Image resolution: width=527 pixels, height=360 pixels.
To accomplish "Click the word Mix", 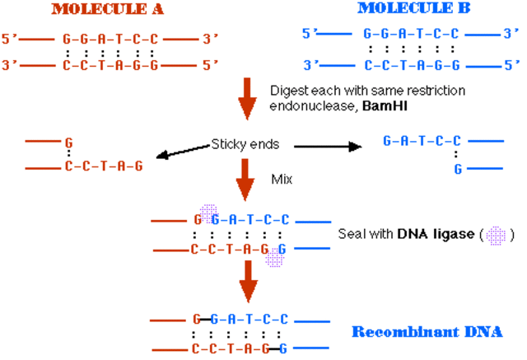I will point(282,178).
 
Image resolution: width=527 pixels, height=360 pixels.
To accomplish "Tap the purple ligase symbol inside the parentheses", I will point(496,234).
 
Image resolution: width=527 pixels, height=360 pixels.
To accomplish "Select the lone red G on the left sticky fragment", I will point(68,142).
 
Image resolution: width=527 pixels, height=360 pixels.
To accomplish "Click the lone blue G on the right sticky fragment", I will point(457,168).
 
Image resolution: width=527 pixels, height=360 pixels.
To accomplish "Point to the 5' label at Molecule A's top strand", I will point(10,38).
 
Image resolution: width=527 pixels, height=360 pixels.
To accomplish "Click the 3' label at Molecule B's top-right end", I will point(511,35).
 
